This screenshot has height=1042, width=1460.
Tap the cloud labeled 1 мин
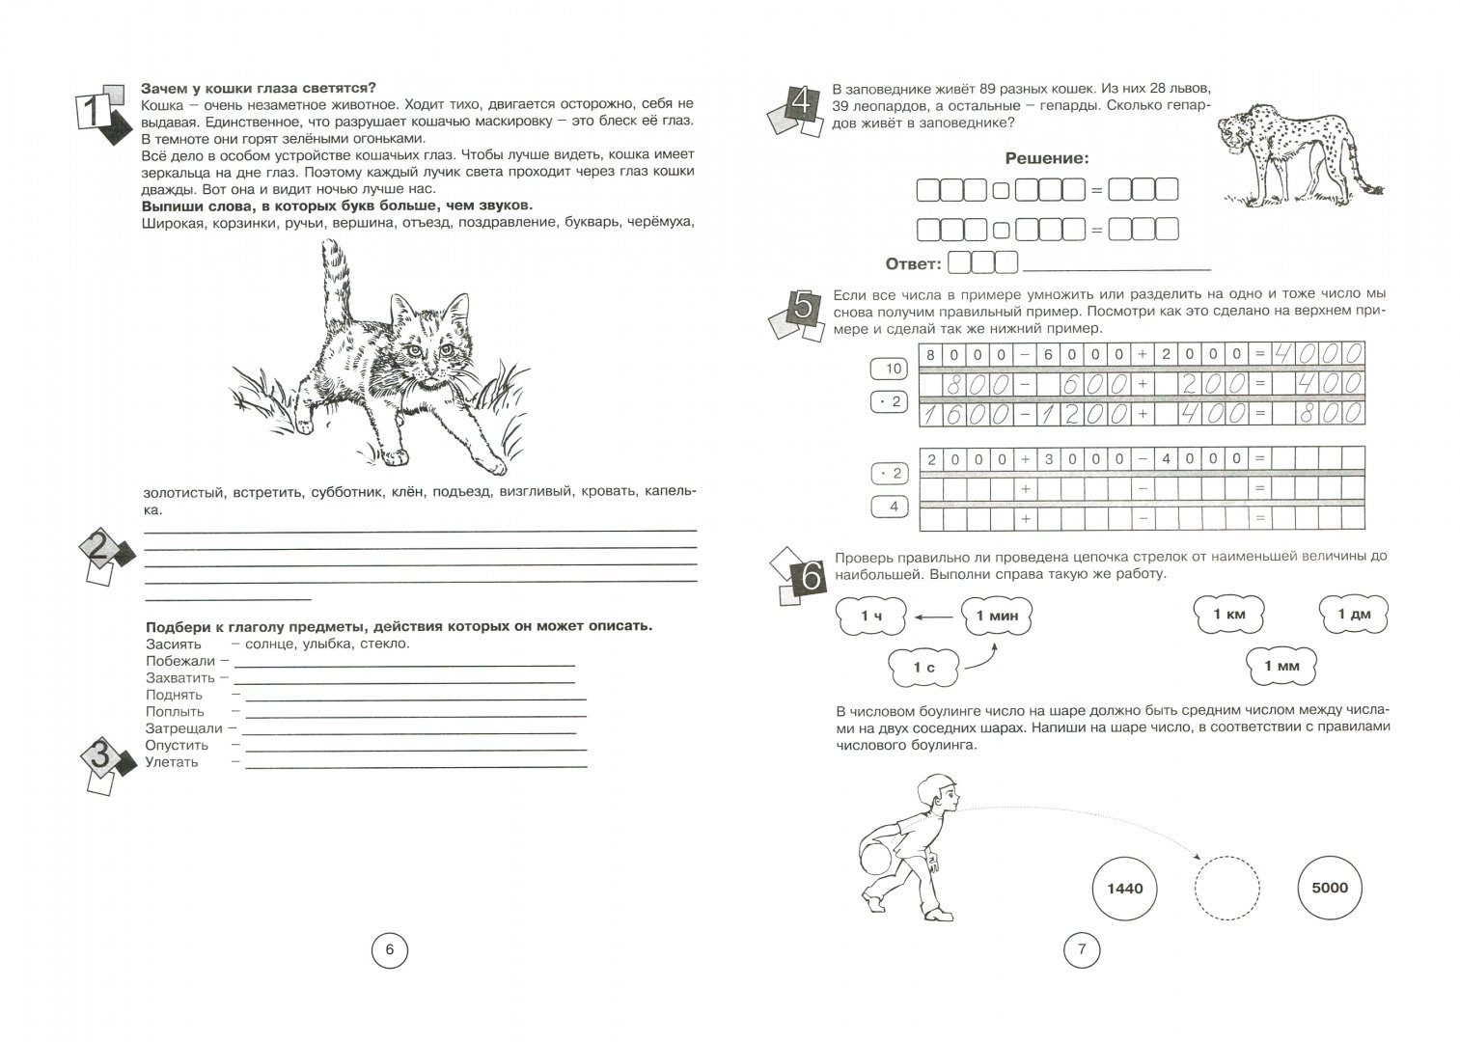pyautogui.click(x=997, y=615)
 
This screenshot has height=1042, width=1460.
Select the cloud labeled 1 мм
pyautogui.click(x=1281, y=666)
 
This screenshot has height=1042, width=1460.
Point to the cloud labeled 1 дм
pyautogui.click(x=1354, y=615)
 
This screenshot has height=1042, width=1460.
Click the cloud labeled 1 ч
pyautogui.click(x=870, y=615)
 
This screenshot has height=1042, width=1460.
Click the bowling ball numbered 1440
pyautogui.click(x=1124, y=888)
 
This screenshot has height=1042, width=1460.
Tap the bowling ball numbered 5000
pyautogui.click(x=1330, y=888)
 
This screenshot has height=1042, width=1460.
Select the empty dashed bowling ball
pyautogui.click(x=1227, y=888)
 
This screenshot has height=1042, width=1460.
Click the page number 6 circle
pyautogui.click(x=389, y=950)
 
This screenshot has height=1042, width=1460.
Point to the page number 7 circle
pyautogui.click(x=1081, y=950)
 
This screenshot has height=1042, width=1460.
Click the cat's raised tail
pyautogui.click(x=333, y=280)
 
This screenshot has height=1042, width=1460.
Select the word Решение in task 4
pyautogui.click(x=1046, y=158)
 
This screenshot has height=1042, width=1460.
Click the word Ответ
pyautogui.click(x=912, y=263)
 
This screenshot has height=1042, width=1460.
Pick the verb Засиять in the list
pyautogui.click(x=174, y=644)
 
